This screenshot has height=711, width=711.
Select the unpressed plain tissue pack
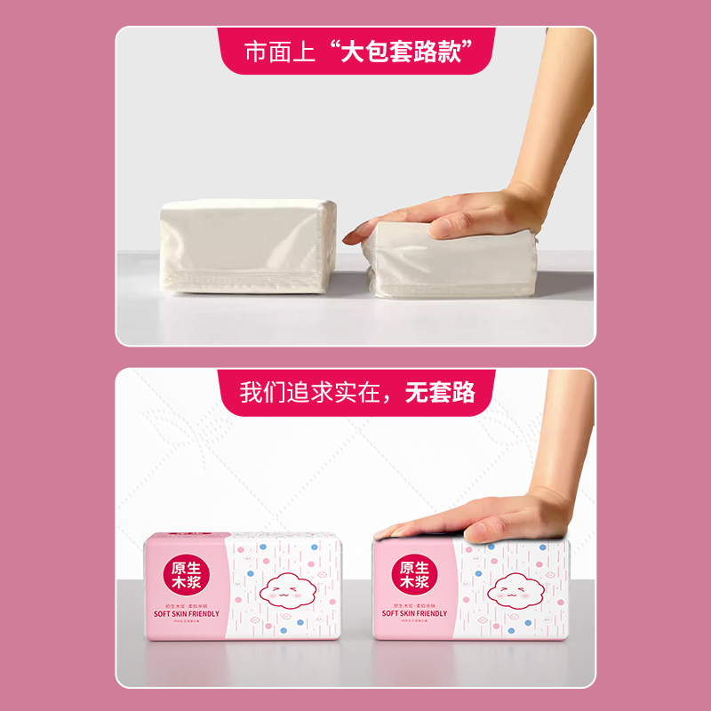(x=248, y=246)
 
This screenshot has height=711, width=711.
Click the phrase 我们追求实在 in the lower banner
(x=316, y=392)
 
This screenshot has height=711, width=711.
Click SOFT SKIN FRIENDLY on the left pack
(x=188, y=613)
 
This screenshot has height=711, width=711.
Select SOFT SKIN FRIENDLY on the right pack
(x=414, y=613)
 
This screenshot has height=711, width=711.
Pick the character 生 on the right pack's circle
(x=425, y=567)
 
